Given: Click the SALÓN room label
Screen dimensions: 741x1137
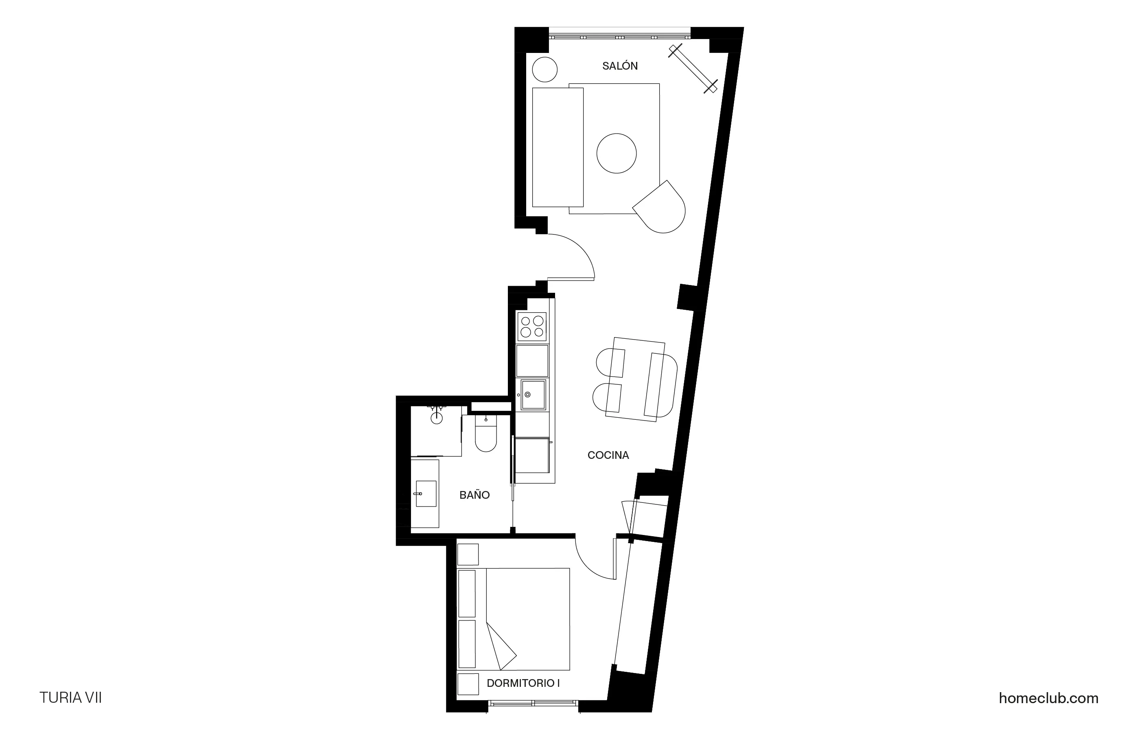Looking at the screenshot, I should click(x=620, y=66).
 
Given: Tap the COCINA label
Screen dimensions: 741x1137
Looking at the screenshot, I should click(x=608, y=455).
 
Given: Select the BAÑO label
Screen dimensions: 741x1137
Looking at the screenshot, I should click(x=474, y=495).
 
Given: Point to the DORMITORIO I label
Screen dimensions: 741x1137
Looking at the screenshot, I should click(x=523, y=683).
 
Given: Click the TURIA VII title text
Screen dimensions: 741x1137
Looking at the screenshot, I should click(x=71, y=697).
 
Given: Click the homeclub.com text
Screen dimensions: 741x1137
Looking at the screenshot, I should click(x=1048, y=698).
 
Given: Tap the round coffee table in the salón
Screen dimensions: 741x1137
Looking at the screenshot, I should click(x=616, y=153).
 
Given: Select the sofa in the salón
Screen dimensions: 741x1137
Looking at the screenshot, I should click(x=558, y=147).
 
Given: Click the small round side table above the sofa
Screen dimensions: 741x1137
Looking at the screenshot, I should click(x=544, y=69).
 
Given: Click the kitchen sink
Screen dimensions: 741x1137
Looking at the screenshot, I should click(x=533, y=395).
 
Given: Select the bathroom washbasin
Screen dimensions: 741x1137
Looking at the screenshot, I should click(x=426, y=493).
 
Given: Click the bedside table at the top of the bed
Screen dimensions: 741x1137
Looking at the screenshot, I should click(x=468, y=554).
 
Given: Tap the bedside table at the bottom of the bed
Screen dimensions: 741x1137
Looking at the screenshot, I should click(x=468, y=684).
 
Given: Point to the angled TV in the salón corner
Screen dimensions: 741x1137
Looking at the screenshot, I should click(x=693, y=69).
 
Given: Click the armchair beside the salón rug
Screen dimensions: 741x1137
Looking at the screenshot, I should click(x=661, y=208).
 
